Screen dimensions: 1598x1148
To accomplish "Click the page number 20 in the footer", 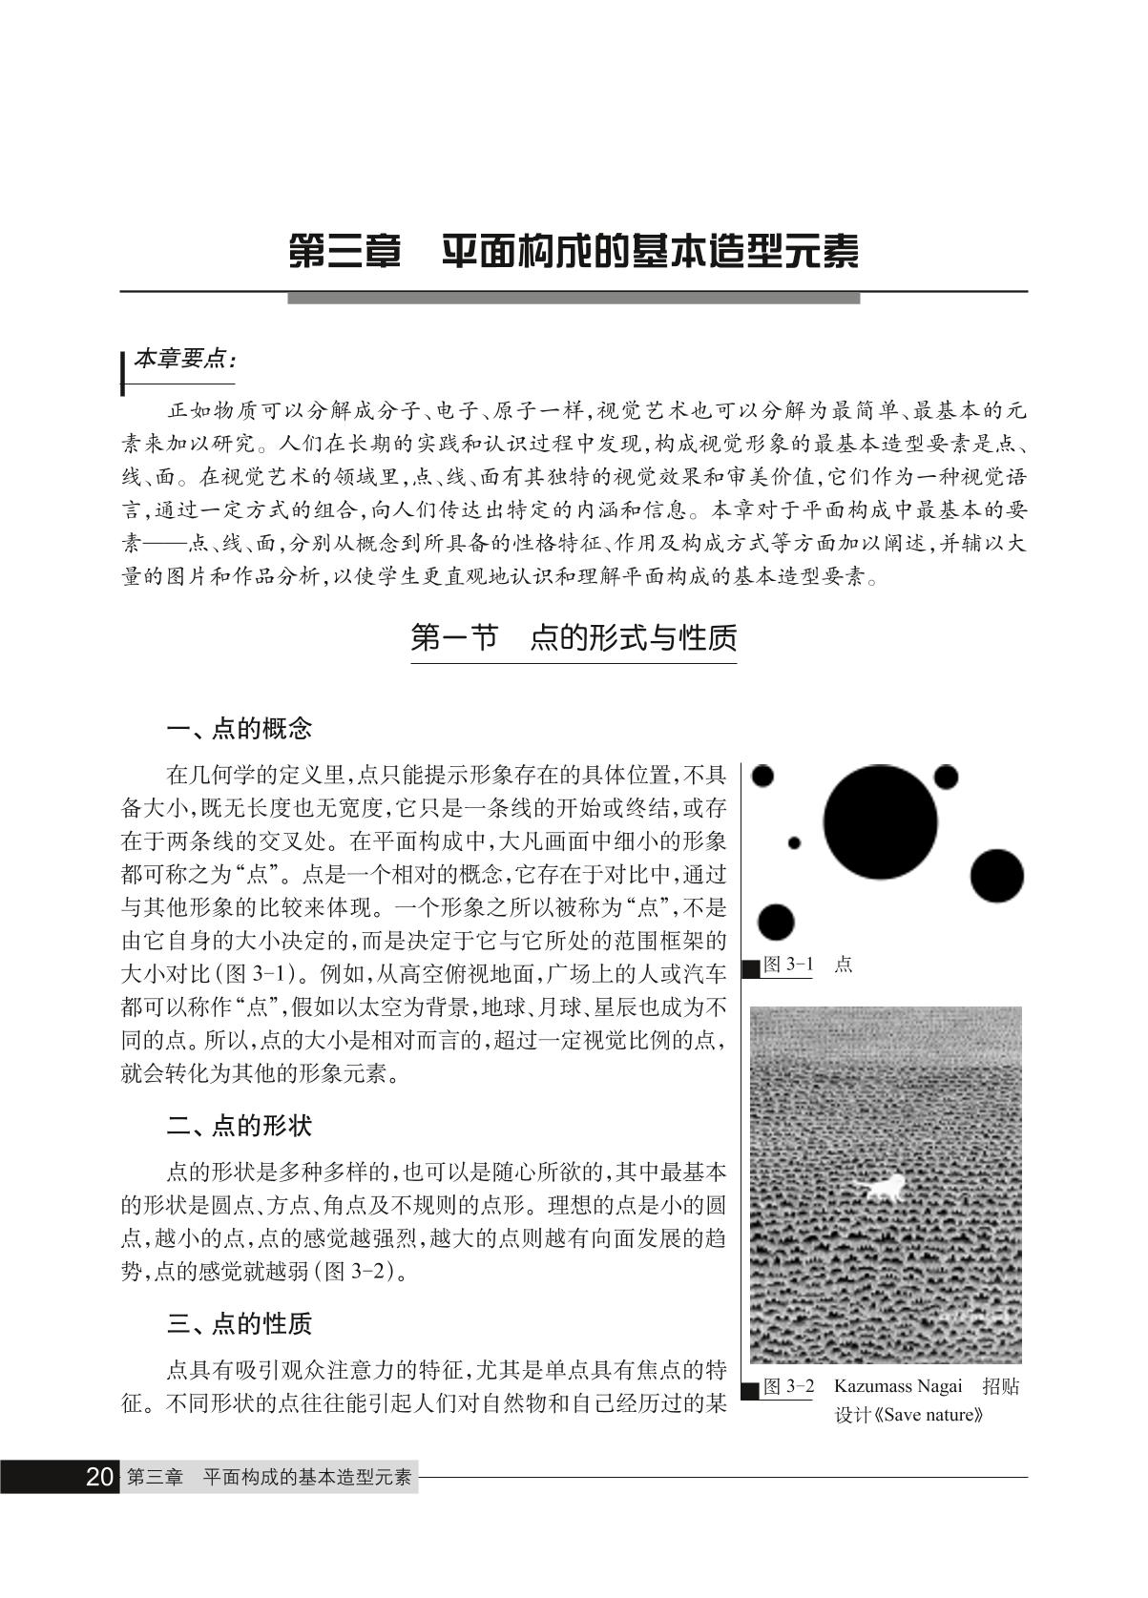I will (99, 1477).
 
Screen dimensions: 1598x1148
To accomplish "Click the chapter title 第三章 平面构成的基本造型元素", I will (574, 252).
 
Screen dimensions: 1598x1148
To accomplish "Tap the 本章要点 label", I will (183, 360).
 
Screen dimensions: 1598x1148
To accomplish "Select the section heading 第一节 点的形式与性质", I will (574, 637).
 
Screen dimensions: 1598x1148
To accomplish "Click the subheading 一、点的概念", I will (240, 730).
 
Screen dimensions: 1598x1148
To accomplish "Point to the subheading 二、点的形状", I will (240, 1126).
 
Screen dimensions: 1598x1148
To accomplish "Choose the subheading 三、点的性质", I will (240, 1324).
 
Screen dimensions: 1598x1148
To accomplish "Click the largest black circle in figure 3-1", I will (880, 821).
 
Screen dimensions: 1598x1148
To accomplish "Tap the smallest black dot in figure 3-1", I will (794, 842).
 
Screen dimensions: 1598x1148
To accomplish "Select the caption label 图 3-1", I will (788, 965).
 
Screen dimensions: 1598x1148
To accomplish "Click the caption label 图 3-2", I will (788, 1386).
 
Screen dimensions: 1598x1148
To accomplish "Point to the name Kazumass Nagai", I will (900, 1386).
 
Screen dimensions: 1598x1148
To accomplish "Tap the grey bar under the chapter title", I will (574, 299).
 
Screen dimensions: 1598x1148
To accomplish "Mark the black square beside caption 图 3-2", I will (752, 1389).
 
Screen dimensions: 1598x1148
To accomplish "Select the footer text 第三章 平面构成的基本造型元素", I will (269, 1477).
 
